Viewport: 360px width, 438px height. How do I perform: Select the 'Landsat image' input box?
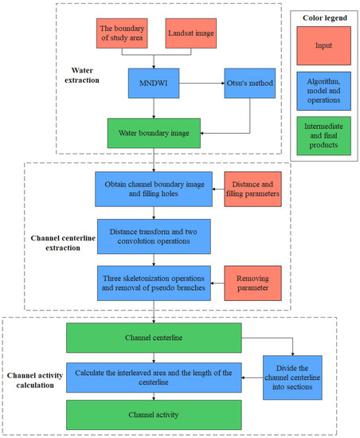click(x=192, y=37)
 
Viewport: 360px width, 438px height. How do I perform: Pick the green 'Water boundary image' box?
click(x=153, y=132)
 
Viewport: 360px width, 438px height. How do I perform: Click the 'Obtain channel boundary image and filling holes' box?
click(x=153, y=190)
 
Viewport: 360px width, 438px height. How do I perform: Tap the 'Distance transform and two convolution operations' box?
click(x=153, y=236)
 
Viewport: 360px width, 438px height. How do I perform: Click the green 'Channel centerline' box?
click(x=153, y=338)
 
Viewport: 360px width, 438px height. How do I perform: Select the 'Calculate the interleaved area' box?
click(x=153, y=377)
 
